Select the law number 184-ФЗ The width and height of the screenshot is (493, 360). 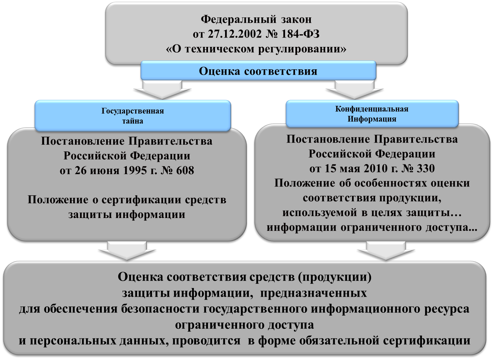click(x=300, y=34)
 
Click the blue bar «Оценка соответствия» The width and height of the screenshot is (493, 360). click(x=258, y=71)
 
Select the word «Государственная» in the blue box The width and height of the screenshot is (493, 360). click(x=133, y=111)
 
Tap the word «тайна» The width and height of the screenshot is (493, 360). click(x=133, y=121)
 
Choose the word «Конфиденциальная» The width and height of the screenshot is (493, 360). click(x=372, y=109)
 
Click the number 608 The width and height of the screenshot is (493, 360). click(x=185, y=170)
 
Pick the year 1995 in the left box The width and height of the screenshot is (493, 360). click(x=135, y=170)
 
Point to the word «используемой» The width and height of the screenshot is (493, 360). click(x=320, y=213)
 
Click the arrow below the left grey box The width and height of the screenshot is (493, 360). click(x=127, y=251)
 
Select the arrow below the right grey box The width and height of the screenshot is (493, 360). click(x=386, y=251)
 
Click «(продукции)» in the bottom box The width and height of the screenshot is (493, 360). click(x=335, y=277)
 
